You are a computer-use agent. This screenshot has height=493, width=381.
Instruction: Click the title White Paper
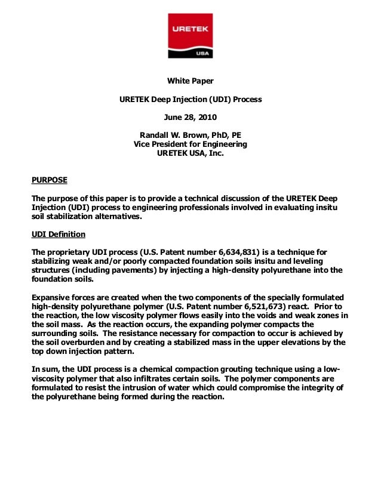[x=190, y=81]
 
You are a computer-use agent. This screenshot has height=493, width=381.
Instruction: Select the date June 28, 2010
[x=190, y=117]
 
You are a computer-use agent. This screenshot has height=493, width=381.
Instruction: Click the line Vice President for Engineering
[x=190, y=144]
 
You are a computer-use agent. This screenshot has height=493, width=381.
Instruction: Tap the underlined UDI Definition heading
[x=58, y=234]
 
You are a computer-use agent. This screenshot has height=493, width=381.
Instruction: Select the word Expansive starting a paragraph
[x=51, y=297]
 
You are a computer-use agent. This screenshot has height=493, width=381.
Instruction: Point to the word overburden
[x=72, y=342]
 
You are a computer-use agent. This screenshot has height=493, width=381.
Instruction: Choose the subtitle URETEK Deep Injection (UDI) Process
[x=190, y=99]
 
